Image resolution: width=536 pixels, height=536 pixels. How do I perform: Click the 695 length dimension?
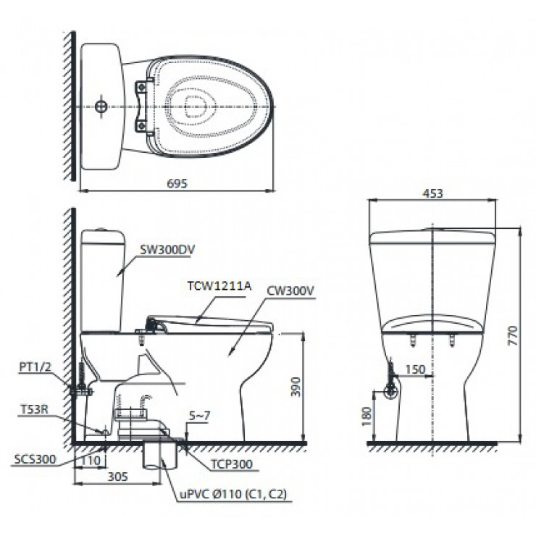click(177, 184)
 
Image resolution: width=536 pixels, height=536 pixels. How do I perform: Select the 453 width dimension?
click(432, 193)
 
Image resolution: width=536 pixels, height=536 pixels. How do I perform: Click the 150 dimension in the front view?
click(414, 369)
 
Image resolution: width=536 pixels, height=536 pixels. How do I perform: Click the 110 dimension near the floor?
click(91, 459)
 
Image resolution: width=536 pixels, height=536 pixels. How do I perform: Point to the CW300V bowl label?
click(290, 290)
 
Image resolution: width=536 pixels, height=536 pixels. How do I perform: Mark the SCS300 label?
click(33, 459)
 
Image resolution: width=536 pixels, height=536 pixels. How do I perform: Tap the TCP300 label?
click(233, 464)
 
